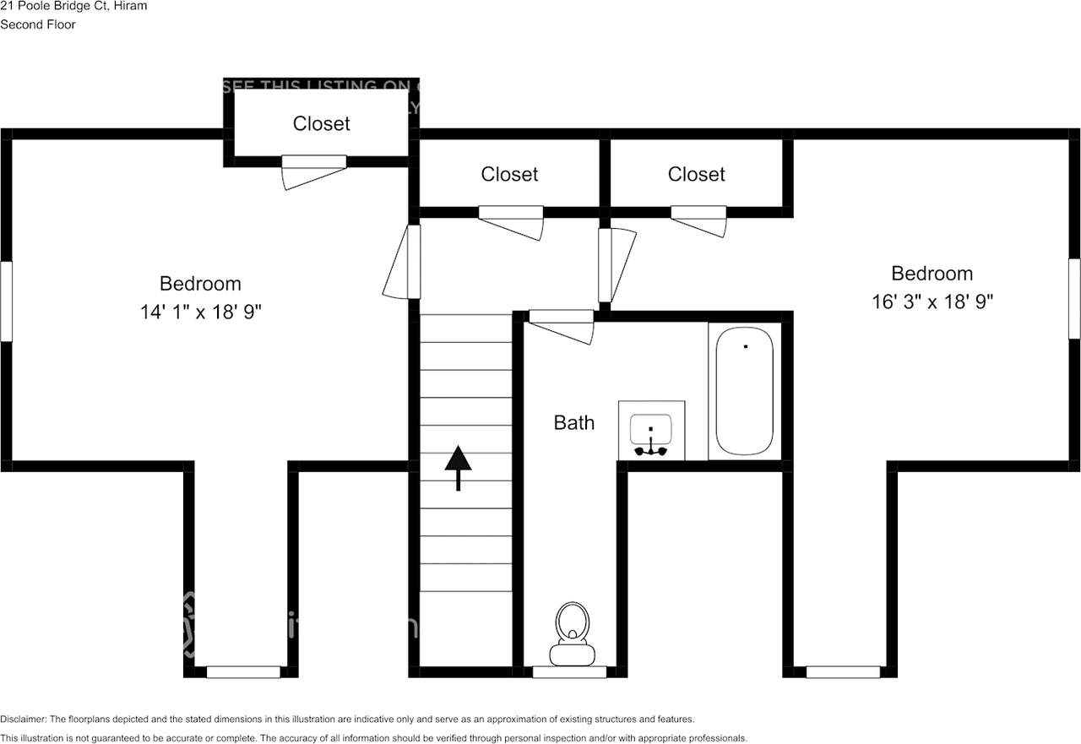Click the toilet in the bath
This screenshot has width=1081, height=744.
(x=572, y=633)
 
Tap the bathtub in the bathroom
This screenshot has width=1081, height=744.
(x=744, y=391)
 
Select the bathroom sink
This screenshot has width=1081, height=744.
(x=651, y=430)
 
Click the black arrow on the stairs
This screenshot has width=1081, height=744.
(x=458, y=467)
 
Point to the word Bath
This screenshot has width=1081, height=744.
(x=573, y=422)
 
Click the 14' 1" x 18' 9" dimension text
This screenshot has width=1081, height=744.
(x=201, y=312)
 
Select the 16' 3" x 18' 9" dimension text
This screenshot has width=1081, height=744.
(x=932, y=301)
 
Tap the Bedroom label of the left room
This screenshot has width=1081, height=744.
(x=201, y=284)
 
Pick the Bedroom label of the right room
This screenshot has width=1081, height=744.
(x=932, y=274)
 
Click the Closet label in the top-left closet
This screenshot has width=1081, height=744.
(x=321, y=123)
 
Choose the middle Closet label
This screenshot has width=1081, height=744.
(x=509, y=174)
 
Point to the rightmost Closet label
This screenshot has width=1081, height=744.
(x=696, y=174)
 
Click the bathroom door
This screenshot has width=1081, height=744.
(x=561, y=324)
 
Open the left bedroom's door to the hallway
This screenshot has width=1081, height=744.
(x=404, y=262)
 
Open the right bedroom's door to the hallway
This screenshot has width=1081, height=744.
(x=615, y=264)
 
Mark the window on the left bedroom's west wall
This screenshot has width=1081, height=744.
(x=6, y=301)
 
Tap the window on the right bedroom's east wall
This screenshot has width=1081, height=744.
(x=1074, y=298)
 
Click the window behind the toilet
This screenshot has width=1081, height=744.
(x=569, y=672)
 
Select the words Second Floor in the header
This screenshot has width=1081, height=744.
(x=38, y=24)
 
